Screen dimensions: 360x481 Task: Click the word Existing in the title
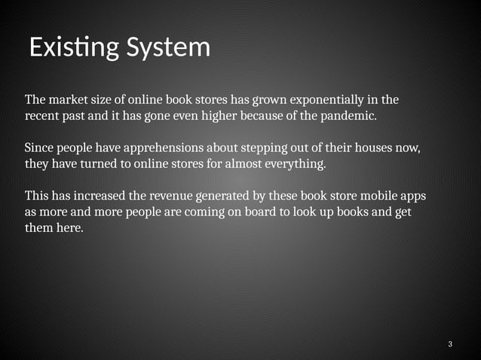pos(73,47)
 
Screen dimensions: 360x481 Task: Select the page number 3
pos(450,345)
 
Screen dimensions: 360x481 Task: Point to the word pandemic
pos(348,117)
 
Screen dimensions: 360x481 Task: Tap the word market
pos(70,100)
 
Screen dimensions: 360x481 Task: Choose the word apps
pos(413,196)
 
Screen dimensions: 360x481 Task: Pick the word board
pos(263,212)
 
